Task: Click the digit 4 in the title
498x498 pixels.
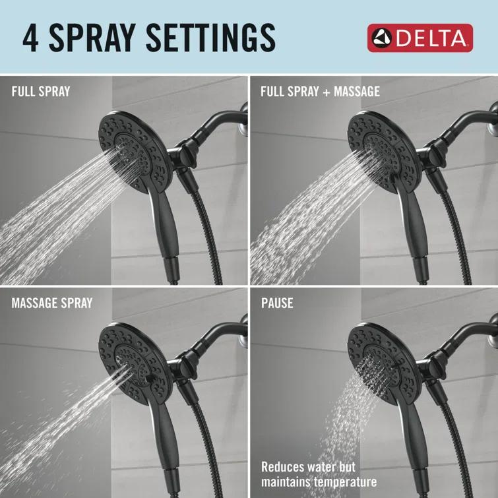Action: tap(30, 38)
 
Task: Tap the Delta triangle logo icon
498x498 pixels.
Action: tap(381, 39)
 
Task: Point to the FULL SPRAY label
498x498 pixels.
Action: tap(40, 92)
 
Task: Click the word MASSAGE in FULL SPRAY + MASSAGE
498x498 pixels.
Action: tap(356, 92)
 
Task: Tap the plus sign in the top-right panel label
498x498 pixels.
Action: tap(325, 92)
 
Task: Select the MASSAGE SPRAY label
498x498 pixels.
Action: tap(52, 303)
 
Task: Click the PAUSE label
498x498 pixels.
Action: tap(277, 303)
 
